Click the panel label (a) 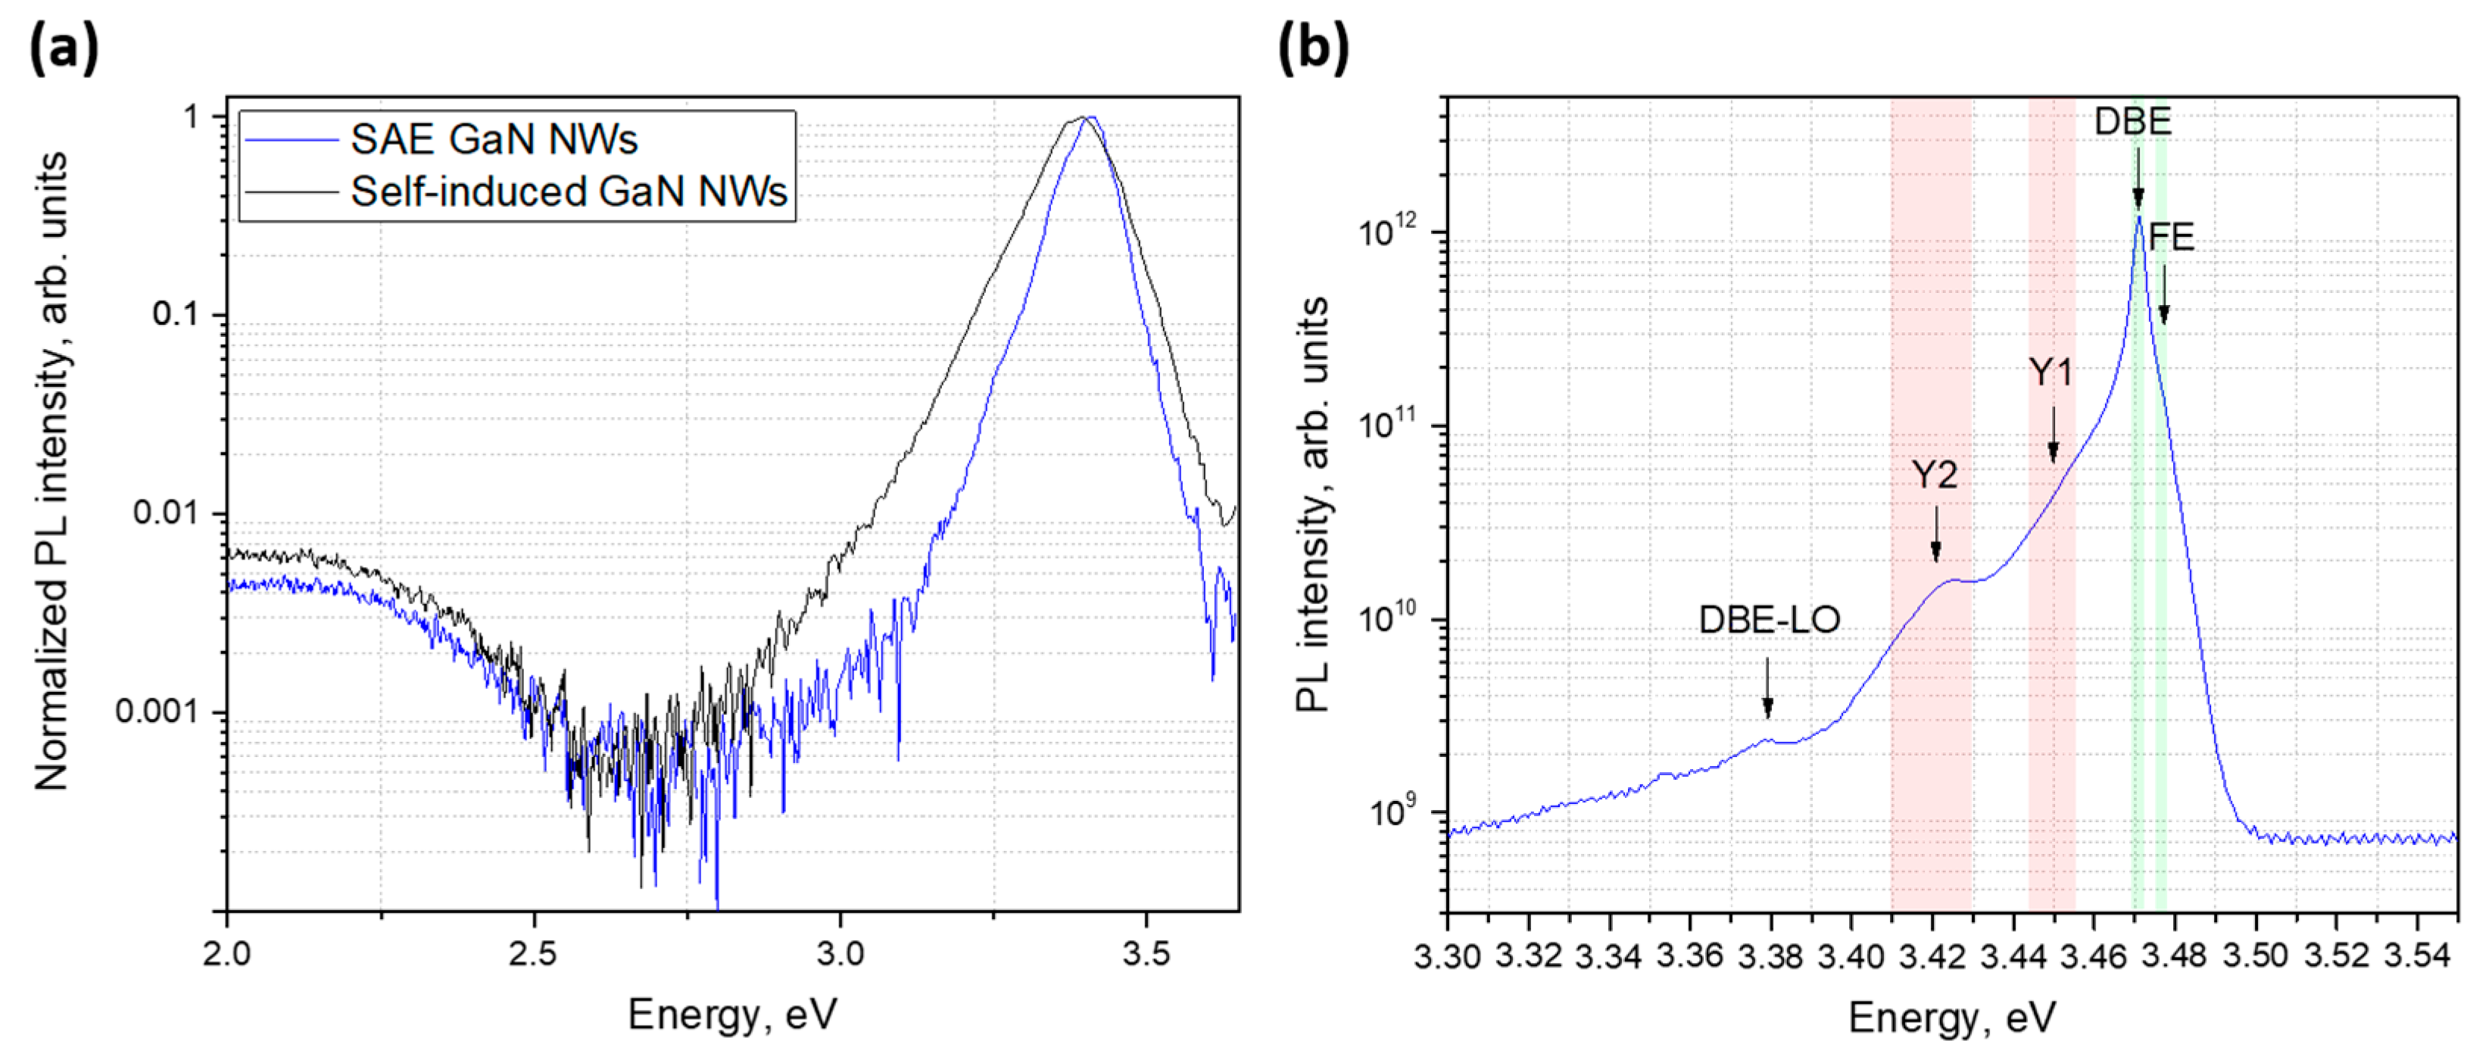pos(64,48)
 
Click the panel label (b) pos(1312,48)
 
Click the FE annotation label pos(2171,237)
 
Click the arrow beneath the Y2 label pos(1935,534)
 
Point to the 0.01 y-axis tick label pos(165,513)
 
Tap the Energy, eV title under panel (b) pos(1952,1017)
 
